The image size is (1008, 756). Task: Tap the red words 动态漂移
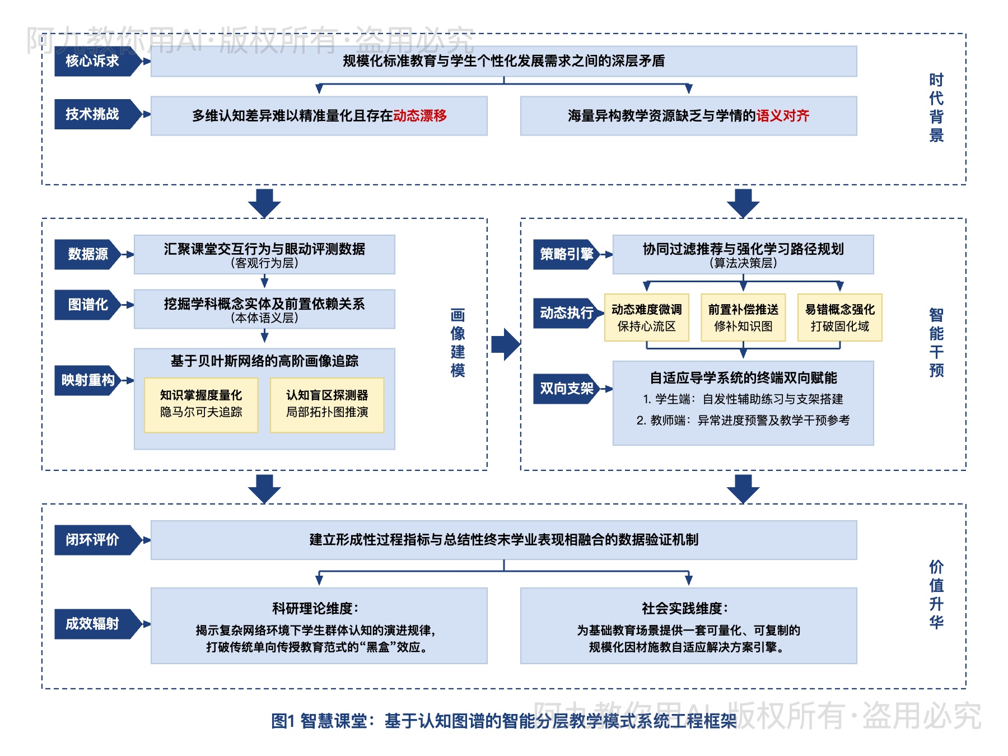click(419, 116)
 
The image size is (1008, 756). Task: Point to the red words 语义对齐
click(782, 116)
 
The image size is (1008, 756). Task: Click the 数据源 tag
click(88, 254)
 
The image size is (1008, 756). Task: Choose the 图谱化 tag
click(88, 305)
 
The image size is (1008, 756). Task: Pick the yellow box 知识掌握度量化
click(201, 404)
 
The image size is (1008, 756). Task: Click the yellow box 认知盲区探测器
click(327, 404)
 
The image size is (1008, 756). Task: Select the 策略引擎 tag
click(566, 254)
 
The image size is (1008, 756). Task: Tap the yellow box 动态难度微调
click(646, 318)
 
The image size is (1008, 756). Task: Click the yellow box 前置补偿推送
click(743, 318)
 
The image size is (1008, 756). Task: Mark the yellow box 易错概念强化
click(839, 318)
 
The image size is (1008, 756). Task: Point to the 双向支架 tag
click(566, 389)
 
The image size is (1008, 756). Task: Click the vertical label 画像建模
click(458, 343)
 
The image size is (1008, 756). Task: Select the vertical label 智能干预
click(936, 343)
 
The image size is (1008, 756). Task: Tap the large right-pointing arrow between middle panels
click(506, 344)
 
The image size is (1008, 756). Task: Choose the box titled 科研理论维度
click(319, 626)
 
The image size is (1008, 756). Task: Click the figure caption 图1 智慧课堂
click(503, 721)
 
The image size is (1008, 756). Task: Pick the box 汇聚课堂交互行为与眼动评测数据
click(264, 254)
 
